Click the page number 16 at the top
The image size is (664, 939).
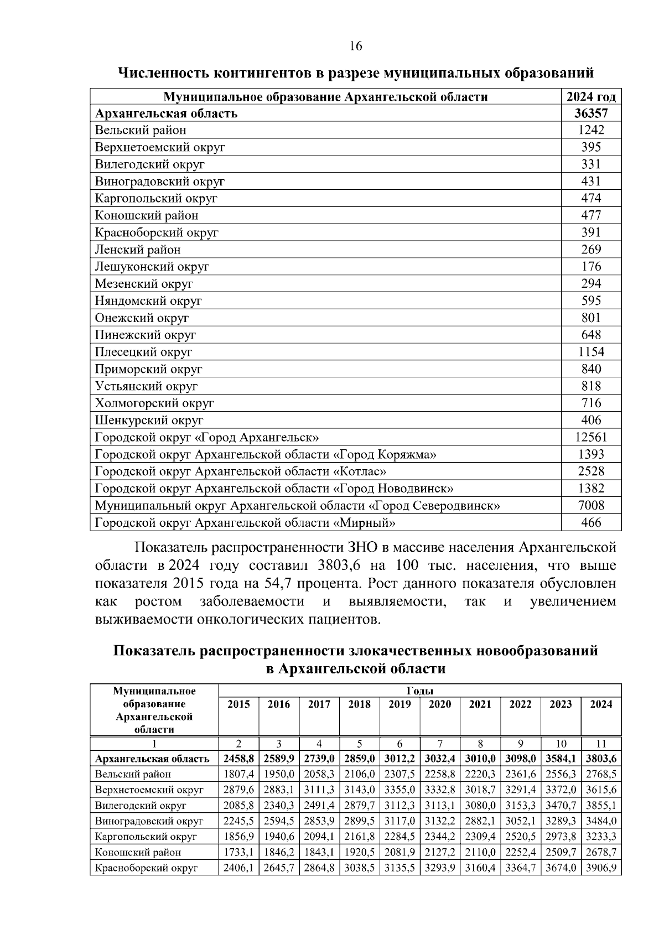(356, 46)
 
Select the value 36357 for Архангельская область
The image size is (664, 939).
(591, 113)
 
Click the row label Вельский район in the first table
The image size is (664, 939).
(141, 130)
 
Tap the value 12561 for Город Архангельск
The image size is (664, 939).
(591, 437)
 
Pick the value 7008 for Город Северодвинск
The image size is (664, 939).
(591, 505)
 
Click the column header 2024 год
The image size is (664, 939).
(591, 97)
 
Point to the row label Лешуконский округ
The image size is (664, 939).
(152, 267)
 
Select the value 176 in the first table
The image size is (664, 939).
(591, 267)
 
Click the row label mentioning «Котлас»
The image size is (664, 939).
(241, 471)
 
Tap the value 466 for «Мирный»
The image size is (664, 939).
(591, 522)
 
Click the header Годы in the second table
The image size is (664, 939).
(419, 691)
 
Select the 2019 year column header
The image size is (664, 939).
(400, 704)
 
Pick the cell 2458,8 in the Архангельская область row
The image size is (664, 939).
(238, 759)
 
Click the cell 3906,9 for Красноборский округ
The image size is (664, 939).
(601, 868)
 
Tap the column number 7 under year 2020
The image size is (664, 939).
(440, 744)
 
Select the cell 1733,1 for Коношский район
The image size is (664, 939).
(238, 852)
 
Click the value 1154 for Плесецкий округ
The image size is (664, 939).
(591, 352)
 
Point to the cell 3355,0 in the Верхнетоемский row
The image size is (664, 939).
(400, 790)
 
